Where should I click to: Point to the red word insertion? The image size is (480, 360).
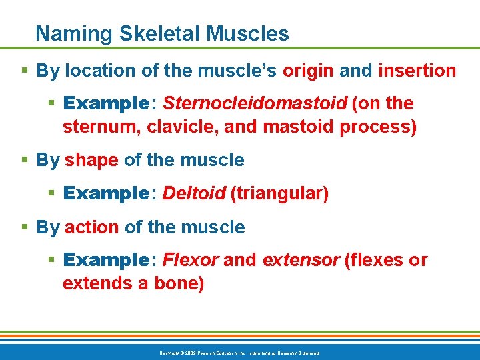click(417, 70)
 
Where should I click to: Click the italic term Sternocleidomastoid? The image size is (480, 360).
click(255, 103)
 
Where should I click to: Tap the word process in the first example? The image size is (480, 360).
click(379, 127)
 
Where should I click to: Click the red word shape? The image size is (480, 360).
click(91, 161)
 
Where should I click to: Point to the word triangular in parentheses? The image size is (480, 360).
click(279, 194)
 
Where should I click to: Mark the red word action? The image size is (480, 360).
click(92, 227)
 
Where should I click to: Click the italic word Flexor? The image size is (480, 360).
click(191, 260)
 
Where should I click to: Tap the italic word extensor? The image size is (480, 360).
click(301, 260)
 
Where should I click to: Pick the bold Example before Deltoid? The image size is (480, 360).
click(107, 194)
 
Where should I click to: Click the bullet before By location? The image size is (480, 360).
click(25, 70)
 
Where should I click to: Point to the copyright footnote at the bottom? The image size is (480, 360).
click(239, 352)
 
